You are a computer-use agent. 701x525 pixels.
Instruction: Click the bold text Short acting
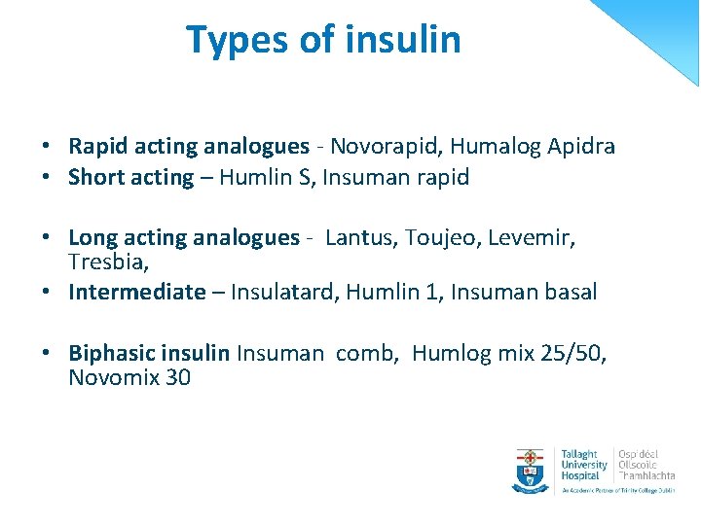pyautogui.click(x=131, y=177)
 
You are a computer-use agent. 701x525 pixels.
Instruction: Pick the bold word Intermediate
pyautogui.click(x=137, y=292)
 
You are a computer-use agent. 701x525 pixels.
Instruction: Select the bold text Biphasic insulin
pyautogui.click(x=149, y=353)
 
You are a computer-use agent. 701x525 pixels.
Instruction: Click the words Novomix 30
pyautogui.click(x=129, y=377)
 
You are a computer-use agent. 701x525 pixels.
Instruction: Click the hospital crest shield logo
pyautogui.click(x=532, y=471)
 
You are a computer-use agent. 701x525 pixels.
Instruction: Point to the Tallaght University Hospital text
pyautogui.click(x=583, y=465)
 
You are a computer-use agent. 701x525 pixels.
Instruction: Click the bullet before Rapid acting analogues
pyautogui.click(x=46, y=148)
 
